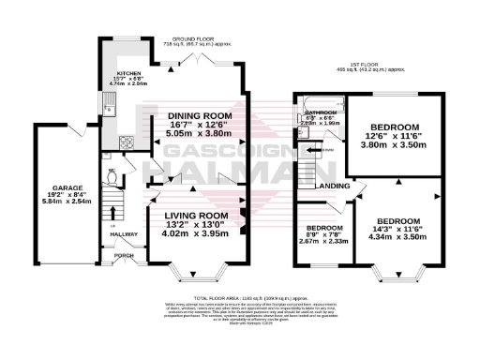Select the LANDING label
click(x=334, y=185)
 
